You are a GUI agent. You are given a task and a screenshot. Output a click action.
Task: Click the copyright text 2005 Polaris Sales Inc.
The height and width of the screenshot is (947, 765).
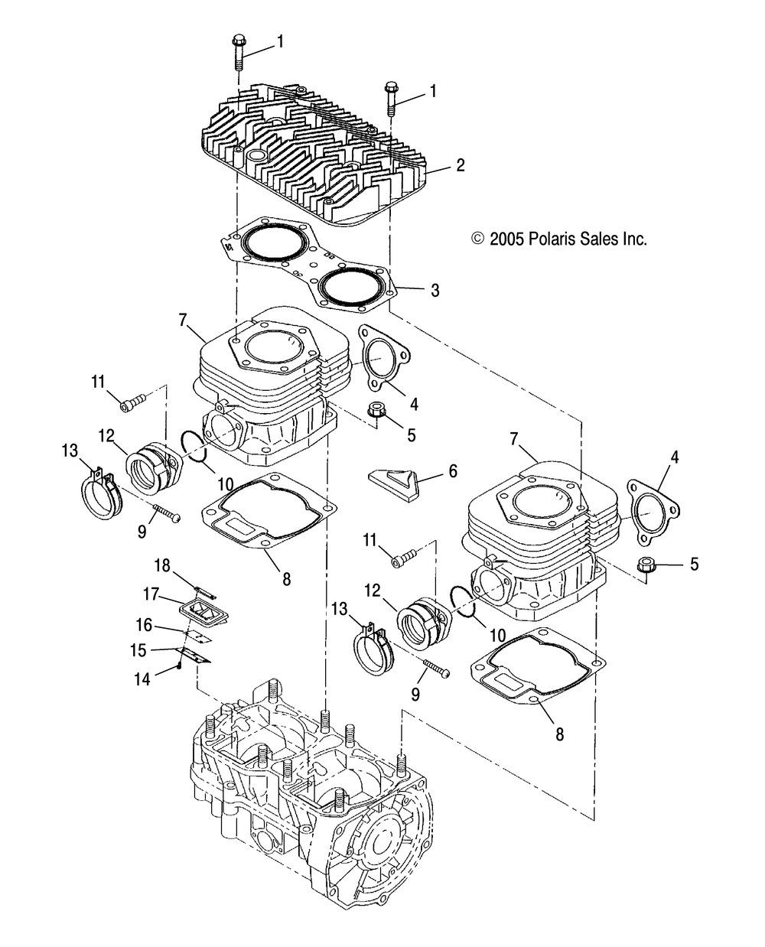(x=560, y=239)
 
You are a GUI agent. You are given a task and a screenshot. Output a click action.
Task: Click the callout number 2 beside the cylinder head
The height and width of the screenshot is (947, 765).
(x=461, y=164)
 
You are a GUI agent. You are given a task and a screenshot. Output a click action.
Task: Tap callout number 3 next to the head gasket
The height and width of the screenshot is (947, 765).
(x=435, y=290)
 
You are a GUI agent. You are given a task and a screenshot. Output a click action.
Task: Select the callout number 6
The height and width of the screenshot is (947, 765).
(x=453, y=472)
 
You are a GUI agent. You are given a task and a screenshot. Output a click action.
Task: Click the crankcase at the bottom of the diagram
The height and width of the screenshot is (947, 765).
(x=321, y=796)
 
